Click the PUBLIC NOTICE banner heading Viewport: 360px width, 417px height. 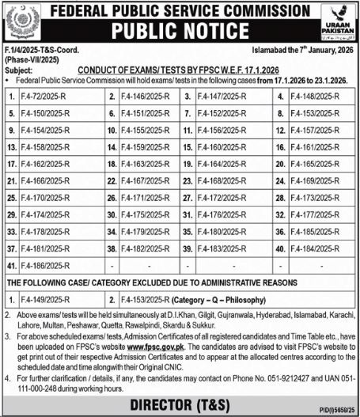pos(180,32)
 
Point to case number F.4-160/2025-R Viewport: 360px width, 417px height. pos(222,147)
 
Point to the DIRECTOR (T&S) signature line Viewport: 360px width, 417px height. pos(180,404)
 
